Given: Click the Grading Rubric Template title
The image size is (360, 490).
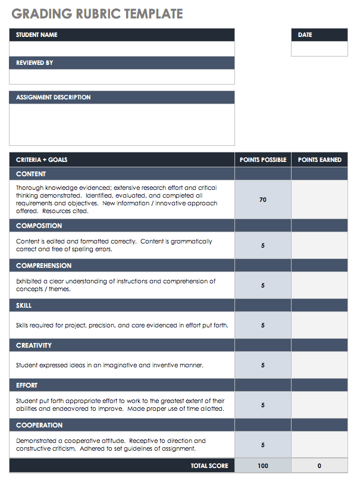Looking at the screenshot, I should (x=97, y=14).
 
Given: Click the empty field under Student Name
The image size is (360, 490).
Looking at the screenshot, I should (x=122, y=49).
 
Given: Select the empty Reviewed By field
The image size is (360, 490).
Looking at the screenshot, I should (x=122, y=77).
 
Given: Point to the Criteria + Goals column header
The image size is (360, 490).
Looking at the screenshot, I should (x=42, y=160).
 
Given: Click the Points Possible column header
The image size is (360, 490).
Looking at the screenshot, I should (x=263, y=160).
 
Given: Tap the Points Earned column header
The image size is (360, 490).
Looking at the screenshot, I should (x=320, y=160).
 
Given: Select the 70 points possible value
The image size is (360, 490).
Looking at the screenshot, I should (x=263, y=200).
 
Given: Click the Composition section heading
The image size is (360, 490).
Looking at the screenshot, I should (x=39, y=226).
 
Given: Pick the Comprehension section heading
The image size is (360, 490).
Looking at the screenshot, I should (x=44, y=266).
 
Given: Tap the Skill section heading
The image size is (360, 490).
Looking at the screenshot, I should (x=24, y=305).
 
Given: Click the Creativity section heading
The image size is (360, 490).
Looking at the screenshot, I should (x=34, y=345).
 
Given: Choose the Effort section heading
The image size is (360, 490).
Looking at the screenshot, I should (x=27, y=385).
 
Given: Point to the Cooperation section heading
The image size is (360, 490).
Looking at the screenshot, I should (x=39, y=425).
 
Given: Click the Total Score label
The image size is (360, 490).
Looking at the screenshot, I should (x=209, y=466).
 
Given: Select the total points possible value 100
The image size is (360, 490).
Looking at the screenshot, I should (x=263, y=466).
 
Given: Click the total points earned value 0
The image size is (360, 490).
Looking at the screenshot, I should (x=320, y=466).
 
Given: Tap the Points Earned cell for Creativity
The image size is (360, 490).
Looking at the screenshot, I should (x=320, y=365).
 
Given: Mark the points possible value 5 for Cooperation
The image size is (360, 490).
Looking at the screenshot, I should (x=263, y=445).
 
